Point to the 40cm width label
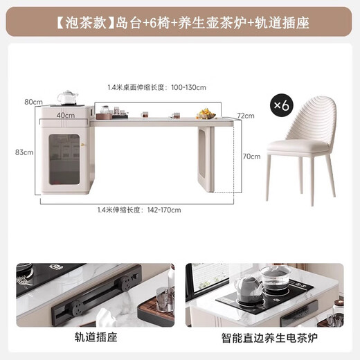[66, 114]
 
